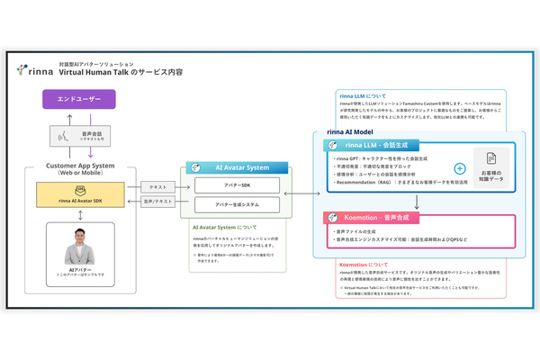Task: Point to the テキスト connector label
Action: point(159,186)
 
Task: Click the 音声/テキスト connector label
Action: point(159,204)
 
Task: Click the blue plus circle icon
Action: point(460,168)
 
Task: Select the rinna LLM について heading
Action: point(358,94)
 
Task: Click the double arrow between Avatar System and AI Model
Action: point(296,193)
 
